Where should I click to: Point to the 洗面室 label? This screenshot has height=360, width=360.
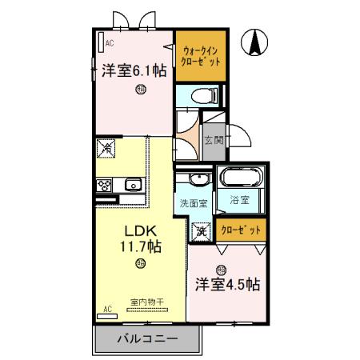click(192, 202)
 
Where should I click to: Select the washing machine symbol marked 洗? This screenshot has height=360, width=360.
click(201, 230)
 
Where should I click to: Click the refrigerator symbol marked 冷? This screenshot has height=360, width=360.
click(106, 149)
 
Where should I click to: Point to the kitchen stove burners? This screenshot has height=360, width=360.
click(105, 185)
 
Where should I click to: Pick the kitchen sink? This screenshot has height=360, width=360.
click(132, 185)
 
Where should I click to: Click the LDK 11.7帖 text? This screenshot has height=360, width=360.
click(141, 238)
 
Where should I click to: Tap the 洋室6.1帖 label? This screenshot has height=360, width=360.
click(134, 70)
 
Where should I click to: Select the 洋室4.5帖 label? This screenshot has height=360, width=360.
click(228, 283)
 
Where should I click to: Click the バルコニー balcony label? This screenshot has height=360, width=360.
click(147, 338)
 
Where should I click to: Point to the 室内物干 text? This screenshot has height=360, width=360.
click(146, 302)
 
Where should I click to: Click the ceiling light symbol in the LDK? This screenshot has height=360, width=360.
click(141, 265)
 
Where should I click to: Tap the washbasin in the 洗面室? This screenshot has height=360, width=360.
click(192, 179)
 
